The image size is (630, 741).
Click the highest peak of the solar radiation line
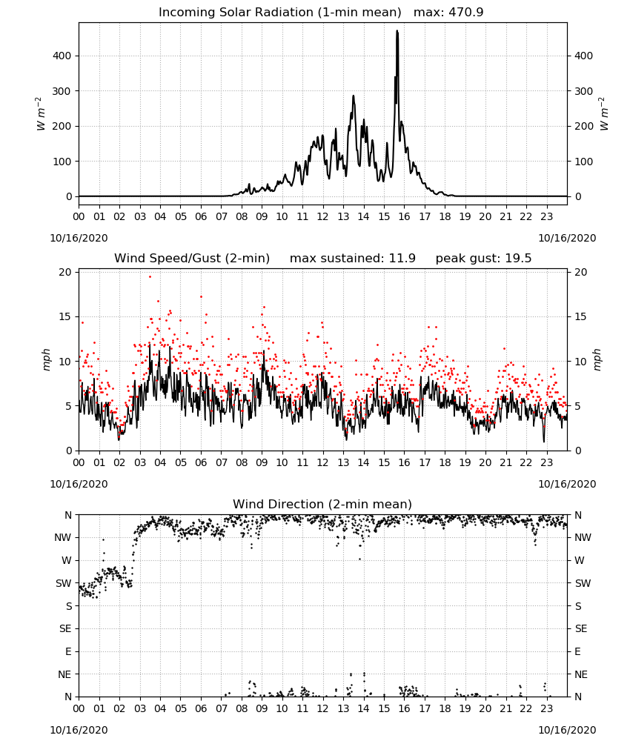coord(397,31)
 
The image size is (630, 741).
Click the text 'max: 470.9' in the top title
coord(448,13)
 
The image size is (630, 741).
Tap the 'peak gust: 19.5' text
coord(483,259)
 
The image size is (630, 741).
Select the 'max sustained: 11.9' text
coord(353,259)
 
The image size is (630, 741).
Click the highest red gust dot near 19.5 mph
coord(150,276)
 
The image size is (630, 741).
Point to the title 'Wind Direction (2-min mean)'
coord(322,504)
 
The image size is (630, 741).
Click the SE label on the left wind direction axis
coord(65,628)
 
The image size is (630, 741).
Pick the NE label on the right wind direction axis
coord(581,674)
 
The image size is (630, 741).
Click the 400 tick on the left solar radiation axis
coord(62,56)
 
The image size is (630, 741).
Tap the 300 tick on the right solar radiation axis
coord(584,91)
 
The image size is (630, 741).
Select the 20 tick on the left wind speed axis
coord(65,272)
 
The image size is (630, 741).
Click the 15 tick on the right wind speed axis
coord(580,316)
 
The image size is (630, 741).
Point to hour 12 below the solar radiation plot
coord(322,217)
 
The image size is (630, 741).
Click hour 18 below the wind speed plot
coord(445,462)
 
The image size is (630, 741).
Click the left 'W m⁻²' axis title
coord(40,114)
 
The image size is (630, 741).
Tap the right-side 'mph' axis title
coord(597,360)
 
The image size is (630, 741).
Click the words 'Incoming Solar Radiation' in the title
coord(236,13)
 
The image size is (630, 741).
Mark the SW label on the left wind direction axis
coord(64,583)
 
